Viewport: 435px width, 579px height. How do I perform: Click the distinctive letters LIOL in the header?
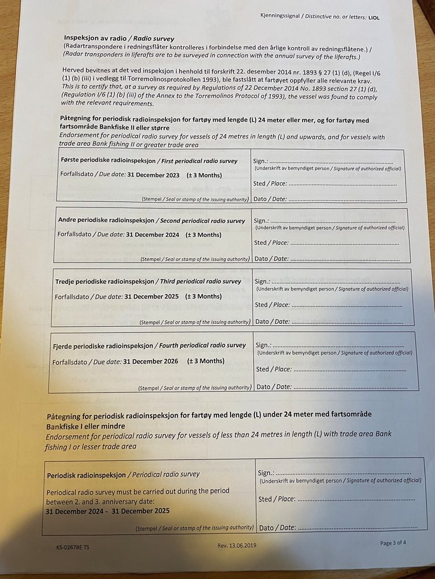click(x=374, y=18)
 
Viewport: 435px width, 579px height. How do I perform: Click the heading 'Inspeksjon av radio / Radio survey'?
click(x=112, y=38)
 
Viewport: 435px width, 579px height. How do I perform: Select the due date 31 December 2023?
click(x=153, y=175)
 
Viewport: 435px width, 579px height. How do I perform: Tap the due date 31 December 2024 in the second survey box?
click(x=152, y=235)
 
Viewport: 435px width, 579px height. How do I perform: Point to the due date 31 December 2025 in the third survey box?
click(x=151, y=296)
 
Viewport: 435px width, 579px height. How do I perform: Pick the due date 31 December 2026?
click(x=151, y=361)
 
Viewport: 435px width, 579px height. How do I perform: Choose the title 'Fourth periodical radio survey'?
click(x=203, y=345)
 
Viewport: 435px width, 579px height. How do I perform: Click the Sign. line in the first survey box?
click(x=331, y=162)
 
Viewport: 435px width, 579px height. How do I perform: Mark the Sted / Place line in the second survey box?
click(x=343, y=243)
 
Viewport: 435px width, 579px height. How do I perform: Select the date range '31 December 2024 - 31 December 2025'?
click(x=108, y=511)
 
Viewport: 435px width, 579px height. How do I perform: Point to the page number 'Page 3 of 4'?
click(x=393, y=543)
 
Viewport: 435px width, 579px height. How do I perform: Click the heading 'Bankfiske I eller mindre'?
click(x=86, y=426)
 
